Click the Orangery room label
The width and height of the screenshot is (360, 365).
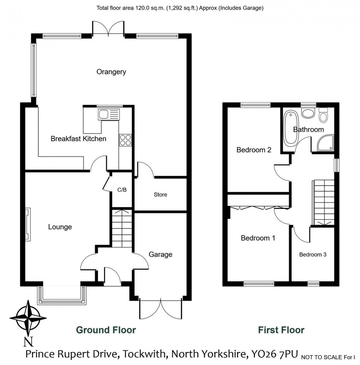pos(111,72)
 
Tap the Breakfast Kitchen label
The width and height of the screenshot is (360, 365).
pos(78,139)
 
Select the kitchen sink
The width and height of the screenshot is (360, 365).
pos(108,115)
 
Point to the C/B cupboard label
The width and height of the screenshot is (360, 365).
pos(122,190)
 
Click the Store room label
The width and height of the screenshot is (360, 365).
pos(160,195)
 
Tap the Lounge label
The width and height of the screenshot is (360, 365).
pos(60,227)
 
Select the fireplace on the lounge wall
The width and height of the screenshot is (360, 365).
pos(28,224)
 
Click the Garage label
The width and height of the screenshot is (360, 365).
pos(161,254)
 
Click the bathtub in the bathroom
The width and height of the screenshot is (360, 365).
pos(290,128)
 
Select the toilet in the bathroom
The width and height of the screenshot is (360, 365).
pos(323,115)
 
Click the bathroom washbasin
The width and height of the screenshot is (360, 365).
pos(307,113)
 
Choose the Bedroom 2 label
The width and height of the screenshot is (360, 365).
pos(254,150)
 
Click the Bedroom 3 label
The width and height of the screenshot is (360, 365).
pos(313,254)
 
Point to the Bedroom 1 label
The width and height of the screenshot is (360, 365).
pos(258,238)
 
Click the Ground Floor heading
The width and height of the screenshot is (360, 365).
pos(106,330)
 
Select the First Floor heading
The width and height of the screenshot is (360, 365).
pos(281,330)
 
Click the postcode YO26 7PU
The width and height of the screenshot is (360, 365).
pos(274,354)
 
